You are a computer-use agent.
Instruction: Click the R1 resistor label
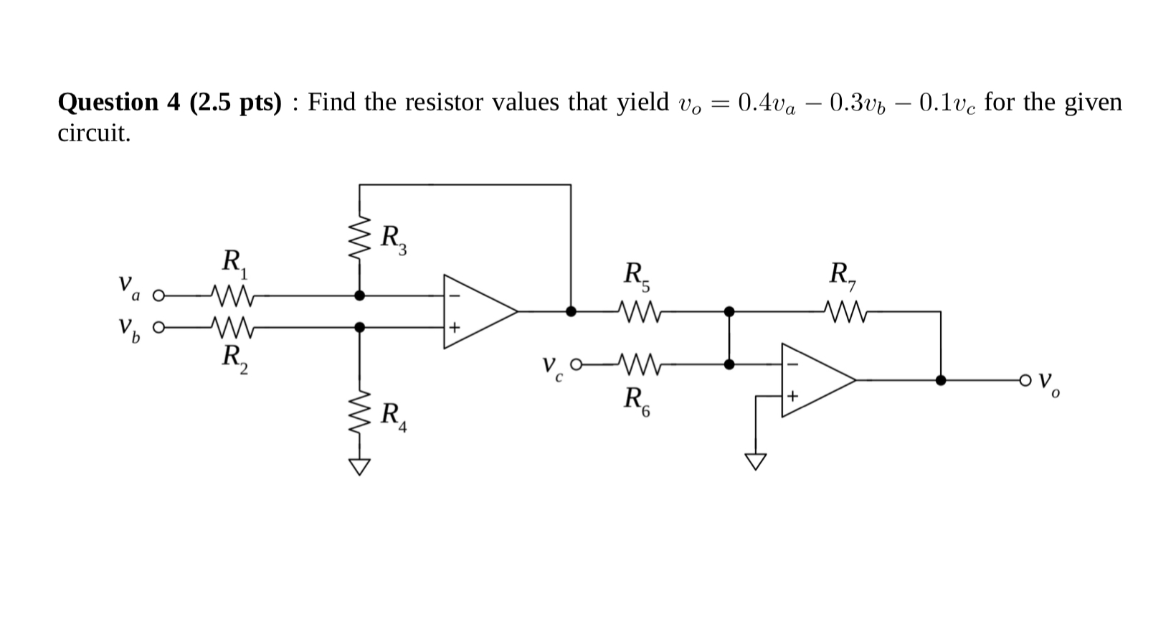(234, 263)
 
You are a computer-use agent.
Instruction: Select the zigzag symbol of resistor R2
(231, 327)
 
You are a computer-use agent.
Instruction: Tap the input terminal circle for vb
(159, 328)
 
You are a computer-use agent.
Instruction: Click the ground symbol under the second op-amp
(755, 461)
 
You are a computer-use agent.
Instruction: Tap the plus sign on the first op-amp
(453, 328)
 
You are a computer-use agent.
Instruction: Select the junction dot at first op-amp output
(571, 311)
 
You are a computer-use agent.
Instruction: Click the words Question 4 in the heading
(118, 103)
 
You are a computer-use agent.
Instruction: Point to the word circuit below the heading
(94, 133)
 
